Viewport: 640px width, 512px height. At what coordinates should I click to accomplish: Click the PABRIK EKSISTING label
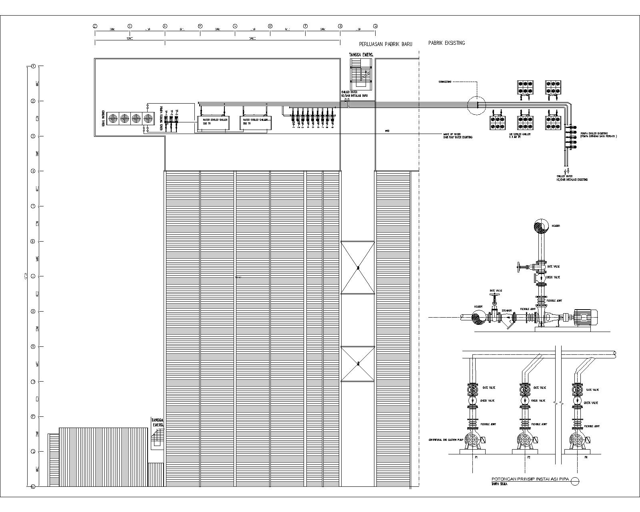pyautogui.click(x=446, y=43)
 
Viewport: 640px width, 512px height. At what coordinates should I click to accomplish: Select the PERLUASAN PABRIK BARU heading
pyautogui.click(x=385, y=44)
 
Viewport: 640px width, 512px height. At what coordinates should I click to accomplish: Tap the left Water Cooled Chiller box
pyautogui.click(x=214, y=123)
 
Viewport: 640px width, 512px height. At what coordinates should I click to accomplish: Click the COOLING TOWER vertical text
pyautogui.click(x=103, y=119)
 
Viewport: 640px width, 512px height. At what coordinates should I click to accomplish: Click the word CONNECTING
pyautogui.click(x=445, y=82)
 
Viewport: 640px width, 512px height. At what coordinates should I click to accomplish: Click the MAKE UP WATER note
pyautogui.click(x=457, y=136)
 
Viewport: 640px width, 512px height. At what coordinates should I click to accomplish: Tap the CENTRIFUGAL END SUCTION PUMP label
pyautogui.click(x=446, y=440)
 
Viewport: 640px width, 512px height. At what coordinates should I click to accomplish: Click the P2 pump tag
pyautogui.click(x=528, y=457)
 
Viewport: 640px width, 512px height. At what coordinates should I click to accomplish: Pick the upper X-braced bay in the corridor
pyautogui.click(x=358, y=267)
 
